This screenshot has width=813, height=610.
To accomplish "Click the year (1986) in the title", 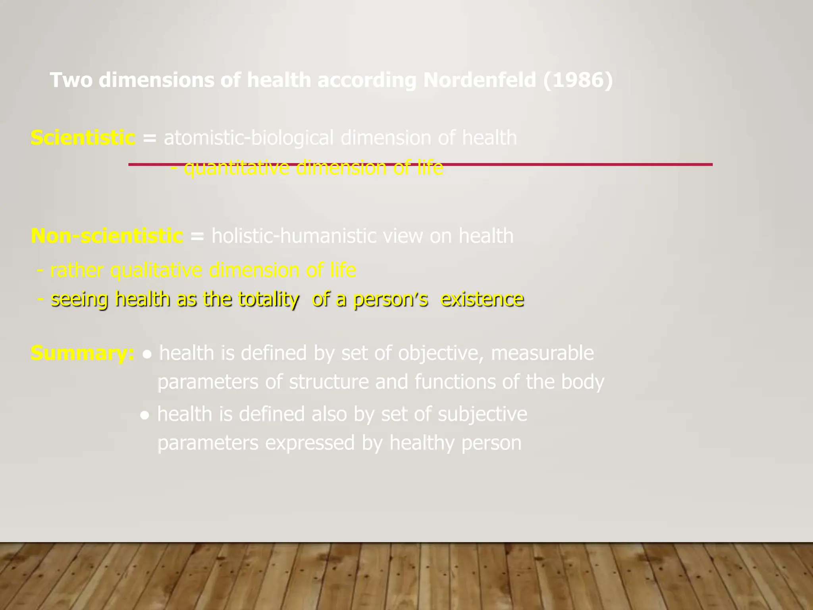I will (x=578, y=80).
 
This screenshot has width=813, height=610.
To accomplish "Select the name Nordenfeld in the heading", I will (x=480, y=80).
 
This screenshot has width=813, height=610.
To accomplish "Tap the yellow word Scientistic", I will (x=83, y=138).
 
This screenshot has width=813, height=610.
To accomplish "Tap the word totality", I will (x=269, y=299).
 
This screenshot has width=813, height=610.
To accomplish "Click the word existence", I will (x=482, y=299).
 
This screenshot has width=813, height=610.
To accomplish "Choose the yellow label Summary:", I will (x=83, y=353).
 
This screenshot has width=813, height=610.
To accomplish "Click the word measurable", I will (x=542, y=353).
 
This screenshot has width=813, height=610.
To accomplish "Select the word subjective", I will (x=482, y=414).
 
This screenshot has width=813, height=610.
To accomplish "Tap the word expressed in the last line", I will (x=310, y=443).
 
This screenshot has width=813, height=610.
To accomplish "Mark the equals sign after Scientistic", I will (x=150, y=138).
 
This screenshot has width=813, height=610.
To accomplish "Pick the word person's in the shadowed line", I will (x=391, y=299).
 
